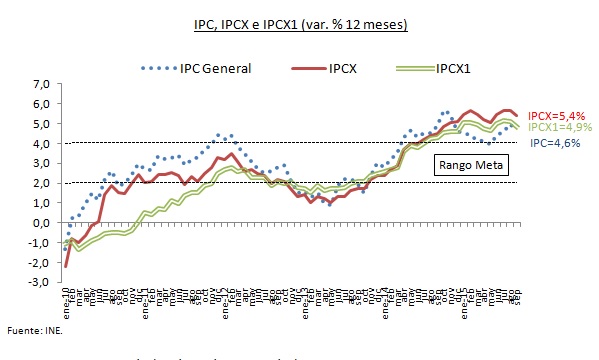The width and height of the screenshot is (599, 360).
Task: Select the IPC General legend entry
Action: point(214,69)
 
